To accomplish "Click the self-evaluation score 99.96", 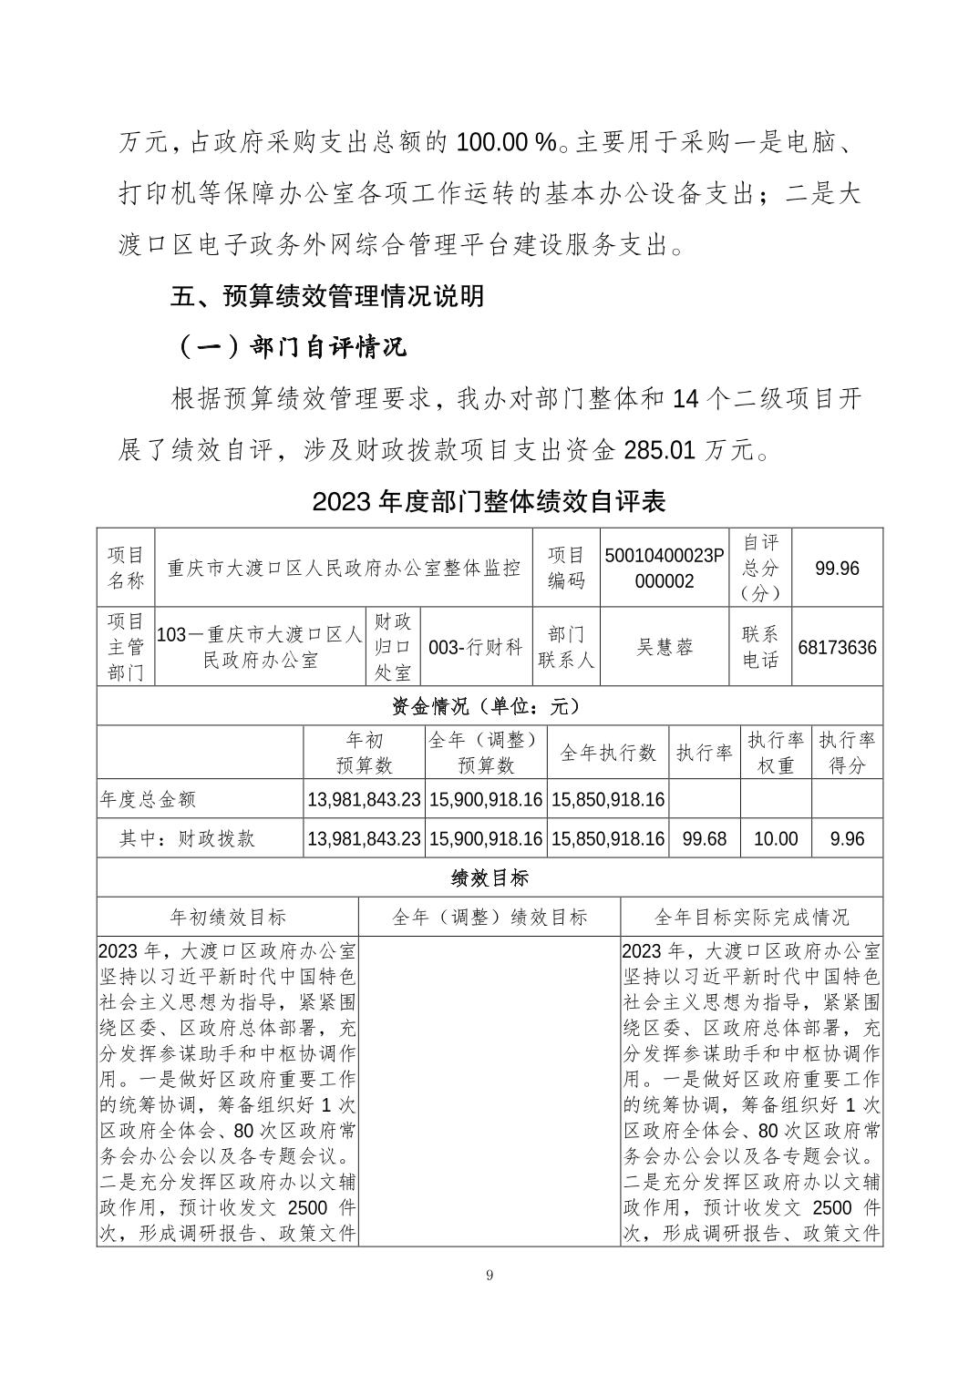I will [837, 568].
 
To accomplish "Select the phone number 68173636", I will [837, 647].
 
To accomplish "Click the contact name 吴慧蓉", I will [664, 647].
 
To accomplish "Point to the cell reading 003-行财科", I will [476, 647].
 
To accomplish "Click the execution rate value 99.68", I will [704, 838].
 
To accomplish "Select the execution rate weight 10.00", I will [775, 838].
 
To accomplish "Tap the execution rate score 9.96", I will [847, 838].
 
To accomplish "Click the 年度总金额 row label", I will [148, 799].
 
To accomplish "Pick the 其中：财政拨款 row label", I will [187, 838].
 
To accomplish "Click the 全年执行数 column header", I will [608, 753].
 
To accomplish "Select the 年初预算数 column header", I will [364, 753].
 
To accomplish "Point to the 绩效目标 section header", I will [489, 877].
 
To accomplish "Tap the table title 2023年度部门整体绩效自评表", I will [489, 501].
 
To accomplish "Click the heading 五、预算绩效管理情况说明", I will [328, 296].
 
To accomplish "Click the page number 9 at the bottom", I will [489, 1275].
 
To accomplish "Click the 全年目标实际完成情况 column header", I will [751, 917].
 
